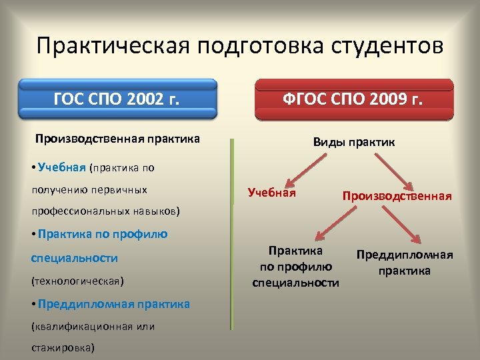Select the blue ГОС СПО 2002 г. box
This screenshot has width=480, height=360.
pos(117,100)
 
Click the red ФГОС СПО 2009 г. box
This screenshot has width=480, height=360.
pos(353,100)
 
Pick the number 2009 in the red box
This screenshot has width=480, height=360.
pos(385,101)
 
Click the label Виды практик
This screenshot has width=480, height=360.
pos(354,142)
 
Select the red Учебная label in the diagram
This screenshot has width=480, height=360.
pos(271,193)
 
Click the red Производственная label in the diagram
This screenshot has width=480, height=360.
pos(397,196)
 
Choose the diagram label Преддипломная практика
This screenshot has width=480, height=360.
pos(405,263)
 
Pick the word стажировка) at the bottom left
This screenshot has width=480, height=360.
pos(63,347)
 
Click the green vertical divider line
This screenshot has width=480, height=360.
pos(232,233)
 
